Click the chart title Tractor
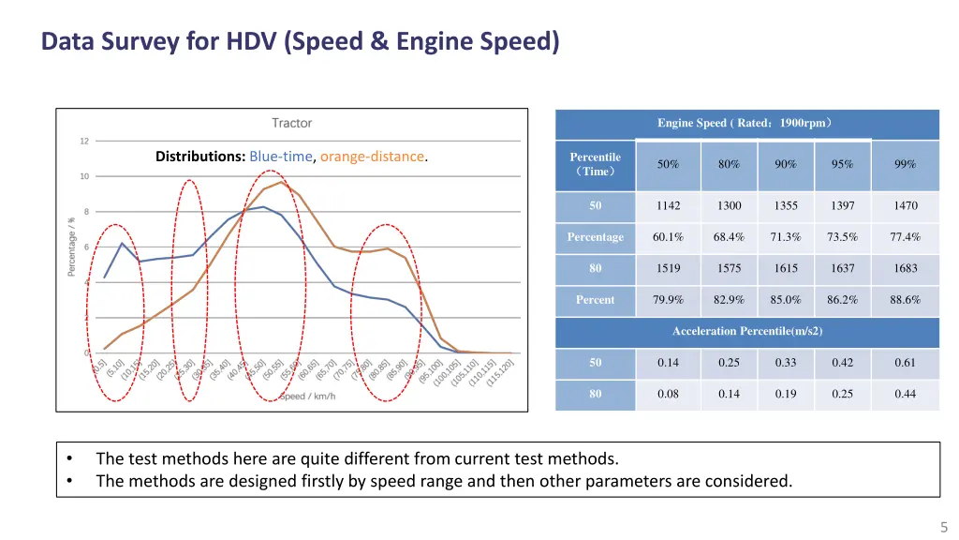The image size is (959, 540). tap(291, 123)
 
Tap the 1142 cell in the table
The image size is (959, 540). tap(668, 205)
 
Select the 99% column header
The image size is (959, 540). tap(905, 164)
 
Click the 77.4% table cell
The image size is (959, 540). tap(905, 237)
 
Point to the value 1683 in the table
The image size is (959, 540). tap(905, 268)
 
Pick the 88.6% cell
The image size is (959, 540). tap(905, 300)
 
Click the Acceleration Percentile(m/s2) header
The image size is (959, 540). tap(746, 331)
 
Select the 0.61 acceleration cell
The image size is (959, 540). tap(905, 363)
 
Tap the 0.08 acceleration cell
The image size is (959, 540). tap(668, 394)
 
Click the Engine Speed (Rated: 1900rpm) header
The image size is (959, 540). tap(746, 123)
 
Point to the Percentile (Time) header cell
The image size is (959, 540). tap(595, 164)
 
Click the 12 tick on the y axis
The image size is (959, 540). tap(84, 142)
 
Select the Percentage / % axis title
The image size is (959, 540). tap(72, 246)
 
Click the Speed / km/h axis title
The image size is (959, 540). tap(307, 396)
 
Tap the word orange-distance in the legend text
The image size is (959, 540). tap(373, 157)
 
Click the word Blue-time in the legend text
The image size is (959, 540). tap(280, 157)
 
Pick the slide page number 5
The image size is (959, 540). tap(944, 527)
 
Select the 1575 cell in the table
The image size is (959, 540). tap(729, 268)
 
